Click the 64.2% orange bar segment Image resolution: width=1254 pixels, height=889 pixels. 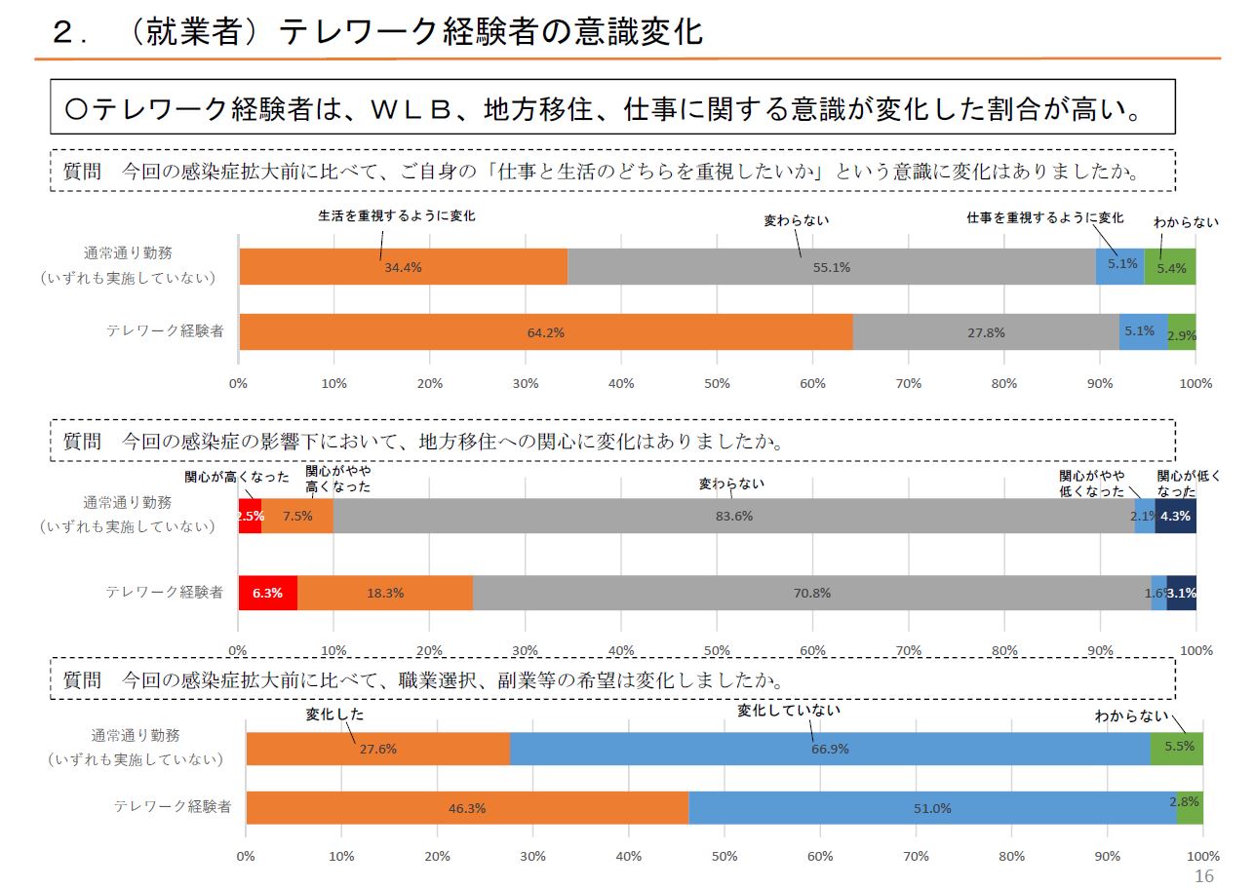click(545, 332)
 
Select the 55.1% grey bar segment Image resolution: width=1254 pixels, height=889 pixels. click(831, 267)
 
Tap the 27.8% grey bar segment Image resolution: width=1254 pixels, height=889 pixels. click(986, 332)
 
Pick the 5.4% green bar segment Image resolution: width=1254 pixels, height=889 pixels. click(1170, 267)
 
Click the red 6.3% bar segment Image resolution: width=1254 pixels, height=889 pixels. click(267, 593)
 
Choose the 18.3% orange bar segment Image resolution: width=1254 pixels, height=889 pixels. click(385, 593)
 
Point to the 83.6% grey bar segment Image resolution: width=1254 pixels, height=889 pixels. click(733, 516)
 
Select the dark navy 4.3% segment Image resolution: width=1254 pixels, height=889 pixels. click(1176, 516)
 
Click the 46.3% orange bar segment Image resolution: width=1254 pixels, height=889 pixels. click(467, 808)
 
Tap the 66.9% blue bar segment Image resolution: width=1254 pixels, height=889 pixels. click(830, 749)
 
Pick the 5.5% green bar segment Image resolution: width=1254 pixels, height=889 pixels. click(1177, 749)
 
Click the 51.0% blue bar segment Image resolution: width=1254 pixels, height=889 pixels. click(932, 808)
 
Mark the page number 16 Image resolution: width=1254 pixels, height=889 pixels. click(1204, 875)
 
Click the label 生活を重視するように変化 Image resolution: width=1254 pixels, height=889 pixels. click(397, 215)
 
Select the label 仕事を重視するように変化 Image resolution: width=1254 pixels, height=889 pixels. click(1044, 217)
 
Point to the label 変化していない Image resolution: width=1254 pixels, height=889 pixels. click(789, 711)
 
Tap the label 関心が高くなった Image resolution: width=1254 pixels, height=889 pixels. click(237, 477)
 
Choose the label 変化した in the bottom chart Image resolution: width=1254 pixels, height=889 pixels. click(334, 714)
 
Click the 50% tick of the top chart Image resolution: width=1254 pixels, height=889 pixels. click(717, 383)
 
